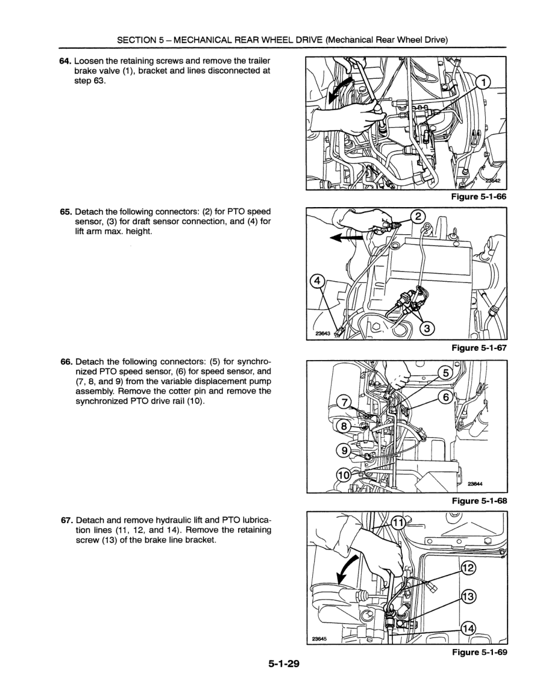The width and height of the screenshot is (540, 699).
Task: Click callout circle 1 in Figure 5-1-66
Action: (x=482, y=83)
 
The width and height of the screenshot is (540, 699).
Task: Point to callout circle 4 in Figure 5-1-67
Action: (x=317, y=282)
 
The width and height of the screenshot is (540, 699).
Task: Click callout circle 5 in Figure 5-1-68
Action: (x=445, y=372)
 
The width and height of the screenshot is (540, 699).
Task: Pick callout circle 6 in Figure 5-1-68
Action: (x=445, y=398)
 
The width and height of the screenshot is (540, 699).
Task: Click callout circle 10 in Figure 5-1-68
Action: (x=342, y=474)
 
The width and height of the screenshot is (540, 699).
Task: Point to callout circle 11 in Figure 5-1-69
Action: (x=398, y=522)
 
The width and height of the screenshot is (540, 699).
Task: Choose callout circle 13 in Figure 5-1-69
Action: (x=469, y=596)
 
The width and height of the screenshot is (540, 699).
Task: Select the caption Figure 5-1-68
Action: (x=478, y=501)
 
